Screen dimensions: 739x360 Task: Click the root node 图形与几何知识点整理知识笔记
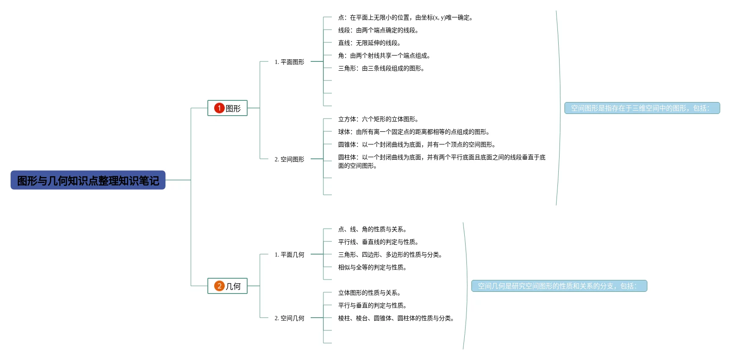pos(88,180)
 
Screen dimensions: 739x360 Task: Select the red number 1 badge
pos(219,108)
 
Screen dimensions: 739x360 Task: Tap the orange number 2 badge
pos(219,286)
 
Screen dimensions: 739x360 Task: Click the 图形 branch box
pos(227,108)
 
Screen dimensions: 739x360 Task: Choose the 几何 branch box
pos(227,286)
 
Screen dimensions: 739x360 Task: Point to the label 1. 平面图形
pos(290,62)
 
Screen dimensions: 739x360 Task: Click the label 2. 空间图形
pos(290,159)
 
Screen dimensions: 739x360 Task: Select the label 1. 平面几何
pos(290,255)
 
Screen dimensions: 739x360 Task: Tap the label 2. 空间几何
pos(290,318)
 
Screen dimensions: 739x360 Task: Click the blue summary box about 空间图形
pos(642,108)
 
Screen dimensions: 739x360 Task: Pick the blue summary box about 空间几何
pos(559,286)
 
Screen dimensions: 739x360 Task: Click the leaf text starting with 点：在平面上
pos(405,17)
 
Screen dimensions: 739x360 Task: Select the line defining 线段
pos(378,30)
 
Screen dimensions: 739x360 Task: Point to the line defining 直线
pos(369,43)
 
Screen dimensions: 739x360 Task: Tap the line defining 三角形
pos(381,68)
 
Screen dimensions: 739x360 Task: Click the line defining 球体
pos(414,132)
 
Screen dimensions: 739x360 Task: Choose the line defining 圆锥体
pos(417,144)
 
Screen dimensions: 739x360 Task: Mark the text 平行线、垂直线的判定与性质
pos(378,242)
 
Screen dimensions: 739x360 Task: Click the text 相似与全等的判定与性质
pos(372,267)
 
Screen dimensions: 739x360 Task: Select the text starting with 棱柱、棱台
pos(396,318)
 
